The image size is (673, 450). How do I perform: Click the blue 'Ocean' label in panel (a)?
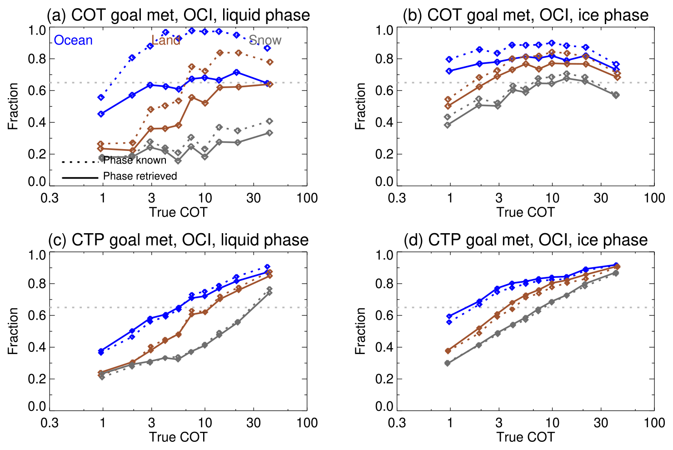pyautogui.click(x=73, y=40)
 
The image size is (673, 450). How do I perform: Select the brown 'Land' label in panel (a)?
pyautogui.click(x=166, y=40)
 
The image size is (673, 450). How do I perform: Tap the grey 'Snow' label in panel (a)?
pyautogui.click(x=265, y=40)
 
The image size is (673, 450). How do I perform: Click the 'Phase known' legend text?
pyautogui.click(x=135, y=160)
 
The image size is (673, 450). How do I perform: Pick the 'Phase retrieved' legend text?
pyautogui.click(x=140, y=176)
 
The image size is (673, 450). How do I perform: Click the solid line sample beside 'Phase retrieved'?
pyautogui.click(x=80, y=177)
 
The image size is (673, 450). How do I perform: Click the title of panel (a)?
pyautogui.click(x=178, y=15)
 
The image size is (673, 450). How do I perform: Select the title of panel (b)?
pyautogui.click(x=526, y=15)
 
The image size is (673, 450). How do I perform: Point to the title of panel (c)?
pyautogui.click(x=178, y=240)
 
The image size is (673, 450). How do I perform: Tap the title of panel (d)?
pyautogui.click(x=526, y=240)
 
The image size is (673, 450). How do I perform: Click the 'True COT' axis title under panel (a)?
pyautogui.click(x=178, y=212)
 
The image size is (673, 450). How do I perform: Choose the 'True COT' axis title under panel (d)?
pyautogui.click(x=526, y=437)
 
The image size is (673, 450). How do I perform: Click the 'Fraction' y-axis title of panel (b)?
pyautogui.click(x=360, y=106)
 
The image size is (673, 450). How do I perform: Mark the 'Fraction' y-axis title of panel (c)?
pyautogui.click(x=13, y=331)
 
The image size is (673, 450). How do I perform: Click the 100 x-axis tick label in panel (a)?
pyautogui.click(x=307, y=198)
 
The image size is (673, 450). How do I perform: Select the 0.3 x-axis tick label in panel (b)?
pyautogui.click(x=397, y=198)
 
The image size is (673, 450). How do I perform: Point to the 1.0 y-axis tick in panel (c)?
pyautogui.click(x=37, y=255)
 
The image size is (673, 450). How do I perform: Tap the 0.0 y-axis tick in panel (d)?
pyautogui.click(x=384, y=407)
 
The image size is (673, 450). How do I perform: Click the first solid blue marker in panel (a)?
pyautogui.click(x=101, y=114)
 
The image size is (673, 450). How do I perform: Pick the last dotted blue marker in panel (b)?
pyautogui.click(x=616, y=65)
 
